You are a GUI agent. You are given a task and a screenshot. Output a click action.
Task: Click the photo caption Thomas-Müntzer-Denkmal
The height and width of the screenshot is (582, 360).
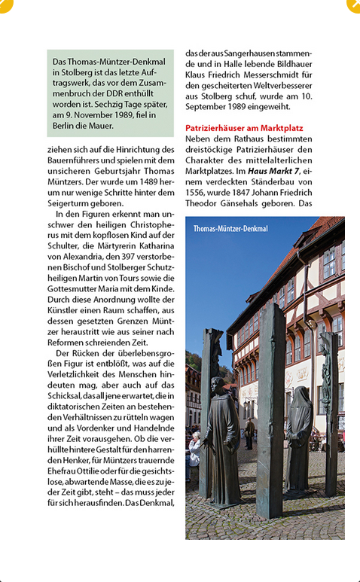click(x=230, y=228)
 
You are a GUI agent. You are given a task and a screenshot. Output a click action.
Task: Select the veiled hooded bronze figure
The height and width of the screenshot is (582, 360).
click(x=300, y=437)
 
